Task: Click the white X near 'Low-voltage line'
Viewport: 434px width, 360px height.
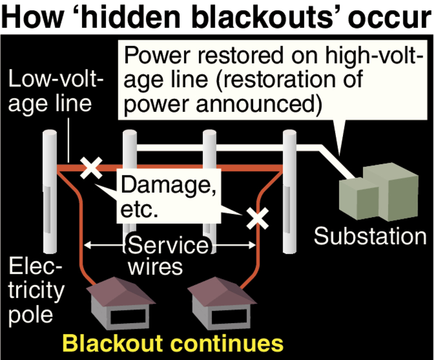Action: click(x=91, y=168)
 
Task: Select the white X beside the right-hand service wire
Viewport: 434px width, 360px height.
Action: click(x=257, y=219)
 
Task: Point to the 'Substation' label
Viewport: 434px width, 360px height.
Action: click(x=371, y=237)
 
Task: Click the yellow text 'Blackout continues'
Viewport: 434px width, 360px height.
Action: click(x=173, y=343)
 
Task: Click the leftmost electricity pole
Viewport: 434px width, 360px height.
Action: click(x=50, y=195)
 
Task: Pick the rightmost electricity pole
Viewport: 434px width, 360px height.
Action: click(x=288, y=195)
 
